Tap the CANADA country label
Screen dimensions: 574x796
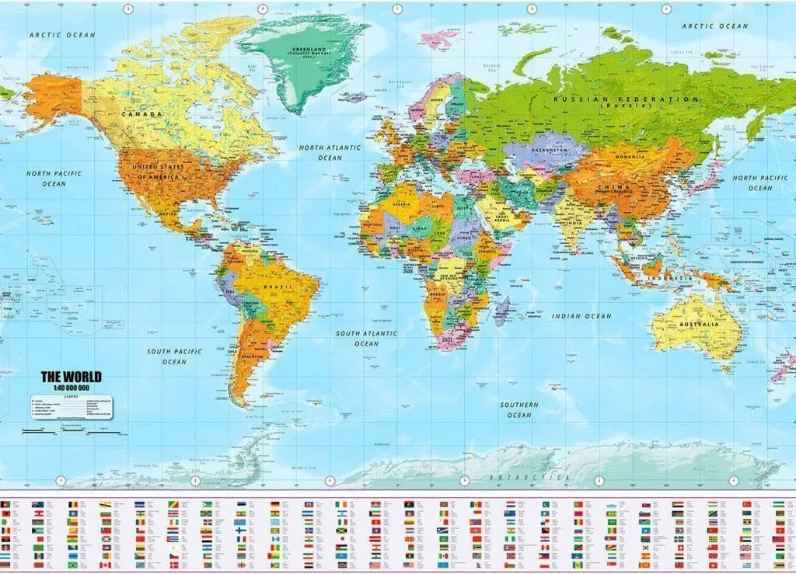pyautogui.click(x=141, y=114)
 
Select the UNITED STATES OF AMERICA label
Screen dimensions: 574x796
pyautogui.click(x=159, y=172)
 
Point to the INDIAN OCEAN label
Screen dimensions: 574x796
pyautogui.click(x=581, y=316)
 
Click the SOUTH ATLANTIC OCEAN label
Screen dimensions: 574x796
pyautogui.click(x=366, y=338)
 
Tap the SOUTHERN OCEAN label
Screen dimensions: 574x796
pyautogui.click(x=519, y=409)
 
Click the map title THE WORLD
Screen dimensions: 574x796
pyautogui.click(x=71, y=377)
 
